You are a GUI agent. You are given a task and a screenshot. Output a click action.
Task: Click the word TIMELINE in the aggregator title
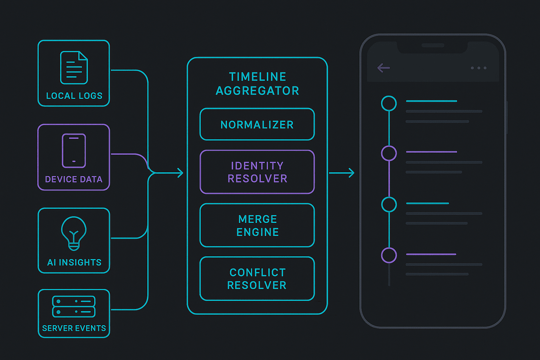pyautogui.click(x=257, y=77)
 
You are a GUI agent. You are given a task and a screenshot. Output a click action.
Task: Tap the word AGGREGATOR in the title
pyautogui.click(x=257, y=91)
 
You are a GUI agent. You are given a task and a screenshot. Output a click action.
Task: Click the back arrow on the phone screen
pyautogui.click(x=384, y=68)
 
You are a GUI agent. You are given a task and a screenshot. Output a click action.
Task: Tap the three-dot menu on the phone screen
pyautogui.click(x=479, y=68)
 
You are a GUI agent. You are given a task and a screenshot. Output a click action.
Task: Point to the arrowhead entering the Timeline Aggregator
pyautogui.click(x=181, y=173)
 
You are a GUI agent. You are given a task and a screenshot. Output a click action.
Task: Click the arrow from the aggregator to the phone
pyautogui.click(x=342, y=173)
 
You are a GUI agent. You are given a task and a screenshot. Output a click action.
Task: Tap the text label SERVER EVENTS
pyautogui.click(x=74, y=328)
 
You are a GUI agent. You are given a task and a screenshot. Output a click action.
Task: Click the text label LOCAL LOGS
pyautogui.click(x=74, y=96)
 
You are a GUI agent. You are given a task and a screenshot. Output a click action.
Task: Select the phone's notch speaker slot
pyautogui.click(x=433, y=45)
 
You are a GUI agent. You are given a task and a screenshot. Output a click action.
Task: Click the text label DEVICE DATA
pyautogui.click(x=74, y=179)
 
